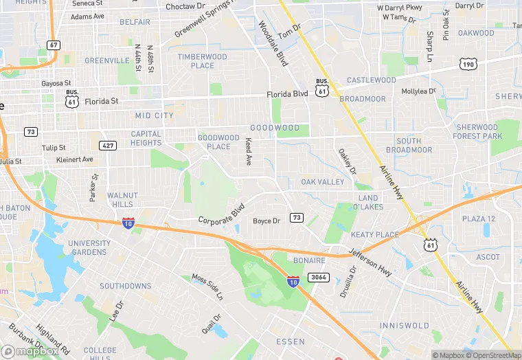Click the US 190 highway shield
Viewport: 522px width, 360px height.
coord(468,64)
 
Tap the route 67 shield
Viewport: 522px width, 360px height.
coord(54,45)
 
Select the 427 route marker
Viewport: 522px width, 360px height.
coord(107,146)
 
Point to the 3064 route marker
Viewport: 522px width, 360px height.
coord(317,277)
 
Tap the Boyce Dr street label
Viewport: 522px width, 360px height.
coord(266,221)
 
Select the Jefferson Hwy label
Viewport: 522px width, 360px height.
coord(371,262)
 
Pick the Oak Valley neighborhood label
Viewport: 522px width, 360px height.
coord(322,182)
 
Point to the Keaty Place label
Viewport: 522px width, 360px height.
coord(374,234)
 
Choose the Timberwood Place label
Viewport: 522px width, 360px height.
coord(202,61)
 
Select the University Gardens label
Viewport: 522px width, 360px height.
coord(89,247)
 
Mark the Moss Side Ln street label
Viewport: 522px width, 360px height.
coord(207,287)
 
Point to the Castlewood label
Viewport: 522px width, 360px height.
coord(371,80)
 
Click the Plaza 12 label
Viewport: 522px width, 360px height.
coord(478,219)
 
